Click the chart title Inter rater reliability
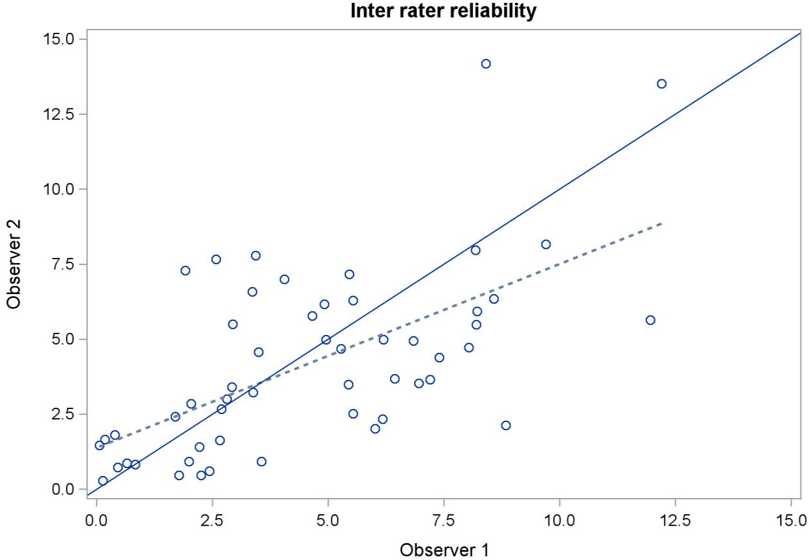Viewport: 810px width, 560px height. (443, 11)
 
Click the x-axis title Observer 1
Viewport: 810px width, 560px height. (444, 550)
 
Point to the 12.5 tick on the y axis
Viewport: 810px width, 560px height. (59, 114)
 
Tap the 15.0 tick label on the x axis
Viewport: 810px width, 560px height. (791, 521)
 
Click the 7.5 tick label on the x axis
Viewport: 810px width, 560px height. (443, 521)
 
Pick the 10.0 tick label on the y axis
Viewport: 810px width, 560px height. (59, 189)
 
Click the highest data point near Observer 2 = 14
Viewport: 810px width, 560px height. (486, 64)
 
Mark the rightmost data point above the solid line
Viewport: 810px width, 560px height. (661, 84)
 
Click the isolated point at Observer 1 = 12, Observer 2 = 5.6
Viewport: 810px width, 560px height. (650, 321)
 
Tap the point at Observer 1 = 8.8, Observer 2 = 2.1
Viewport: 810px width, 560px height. (506, 426)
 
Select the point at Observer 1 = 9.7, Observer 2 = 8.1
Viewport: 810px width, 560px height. (546, 245)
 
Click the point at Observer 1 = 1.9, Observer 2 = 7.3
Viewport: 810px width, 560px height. (185, 271)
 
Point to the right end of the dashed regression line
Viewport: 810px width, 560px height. (661, 223)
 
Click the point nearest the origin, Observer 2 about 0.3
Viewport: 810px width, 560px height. (103, 481)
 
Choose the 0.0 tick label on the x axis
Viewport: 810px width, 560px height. (97, 521)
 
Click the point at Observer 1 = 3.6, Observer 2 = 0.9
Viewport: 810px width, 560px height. (261, 462)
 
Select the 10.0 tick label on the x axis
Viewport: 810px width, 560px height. (559, 521)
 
